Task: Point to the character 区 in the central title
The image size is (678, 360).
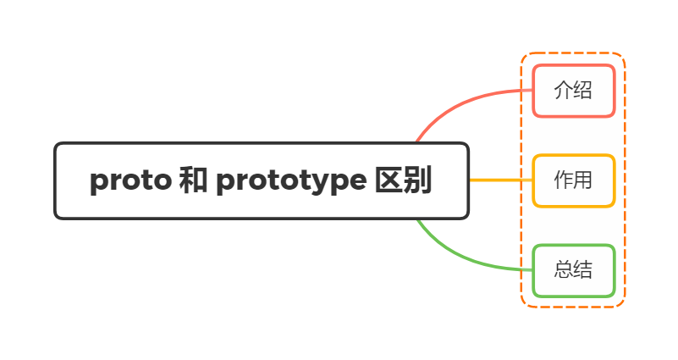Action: [x=389, y=181]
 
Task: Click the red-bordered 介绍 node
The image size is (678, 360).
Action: [x=573, y=91]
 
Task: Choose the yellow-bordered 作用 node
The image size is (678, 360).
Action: [x=573, y=180]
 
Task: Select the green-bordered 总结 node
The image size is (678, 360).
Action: [x=573, y=270]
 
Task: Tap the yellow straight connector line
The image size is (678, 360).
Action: [x=499, y=180]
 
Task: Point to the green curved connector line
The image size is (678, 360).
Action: [x=457, y=254]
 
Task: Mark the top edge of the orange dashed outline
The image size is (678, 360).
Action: [x=573, y=53]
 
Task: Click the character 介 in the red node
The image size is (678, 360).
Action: [x=563, y=91]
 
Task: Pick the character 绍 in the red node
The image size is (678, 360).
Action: [x=582, y=91]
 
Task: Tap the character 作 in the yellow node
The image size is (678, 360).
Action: [x=563, y=180]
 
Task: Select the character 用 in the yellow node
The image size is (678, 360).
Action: [x=582, y=180]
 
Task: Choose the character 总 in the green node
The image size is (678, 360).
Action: [x=563, y=270]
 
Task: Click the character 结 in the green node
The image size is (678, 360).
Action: [x=582, y=270]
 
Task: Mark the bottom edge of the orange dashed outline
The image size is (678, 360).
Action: [x=573, y=306]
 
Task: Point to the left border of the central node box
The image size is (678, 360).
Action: [x=55, y=181]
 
